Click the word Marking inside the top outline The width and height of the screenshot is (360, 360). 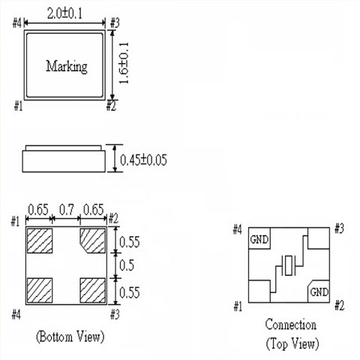coord(67,66)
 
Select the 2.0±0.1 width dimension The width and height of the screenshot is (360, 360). coord(65,13)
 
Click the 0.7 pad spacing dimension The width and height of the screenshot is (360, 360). coord(67,209)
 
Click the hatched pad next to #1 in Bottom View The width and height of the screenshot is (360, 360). coord(38,241)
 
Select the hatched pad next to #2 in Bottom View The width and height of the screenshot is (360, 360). coord(92,241)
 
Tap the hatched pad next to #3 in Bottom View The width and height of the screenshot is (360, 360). coord(92,289)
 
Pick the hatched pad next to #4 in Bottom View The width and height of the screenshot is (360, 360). coord(38,289)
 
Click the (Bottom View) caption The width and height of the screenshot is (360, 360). coord(70,335)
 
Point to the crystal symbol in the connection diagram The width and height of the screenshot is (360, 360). coord(289,266)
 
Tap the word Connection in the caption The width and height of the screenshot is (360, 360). coord(290,325)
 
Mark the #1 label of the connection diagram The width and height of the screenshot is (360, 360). coord(238,307)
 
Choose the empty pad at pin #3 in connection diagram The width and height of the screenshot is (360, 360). coord(319,238)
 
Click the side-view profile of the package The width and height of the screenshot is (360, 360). coord(63,159)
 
